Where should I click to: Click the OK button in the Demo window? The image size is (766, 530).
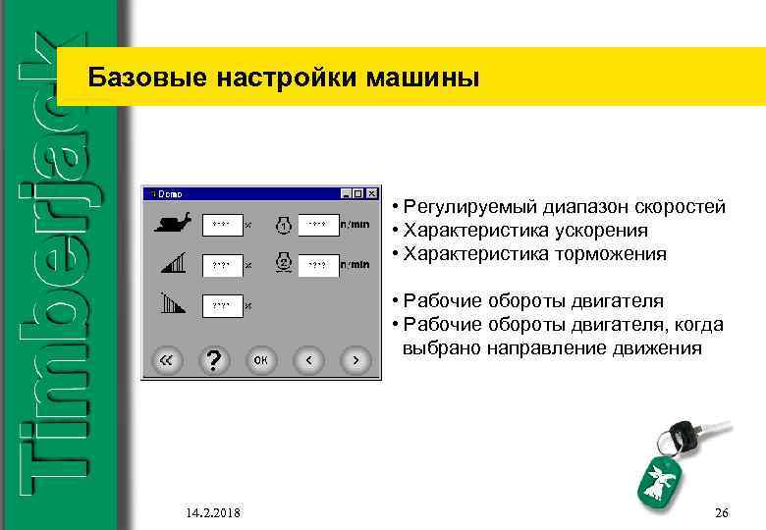(x=260, y=360)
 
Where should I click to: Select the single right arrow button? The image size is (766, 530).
(x=356, y=360)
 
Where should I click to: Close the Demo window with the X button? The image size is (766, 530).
(x=371, y=194)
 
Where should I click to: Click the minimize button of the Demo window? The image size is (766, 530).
(x=345, y=194)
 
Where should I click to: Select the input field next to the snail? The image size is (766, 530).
(x=222, y=225)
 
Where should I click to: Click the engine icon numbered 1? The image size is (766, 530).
(x=283, y=224)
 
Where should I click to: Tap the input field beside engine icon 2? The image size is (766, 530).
(x=318, y=265)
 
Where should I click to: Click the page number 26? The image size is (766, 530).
(x=722, y=513)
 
